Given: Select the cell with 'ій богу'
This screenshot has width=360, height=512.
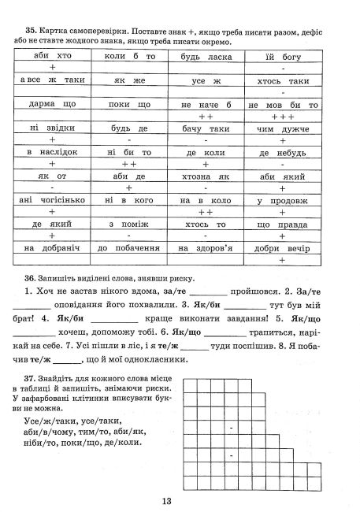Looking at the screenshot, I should [281, 57].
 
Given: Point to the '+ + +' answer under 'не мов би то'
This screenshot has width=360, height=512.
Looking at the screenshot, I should [281, 116].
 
